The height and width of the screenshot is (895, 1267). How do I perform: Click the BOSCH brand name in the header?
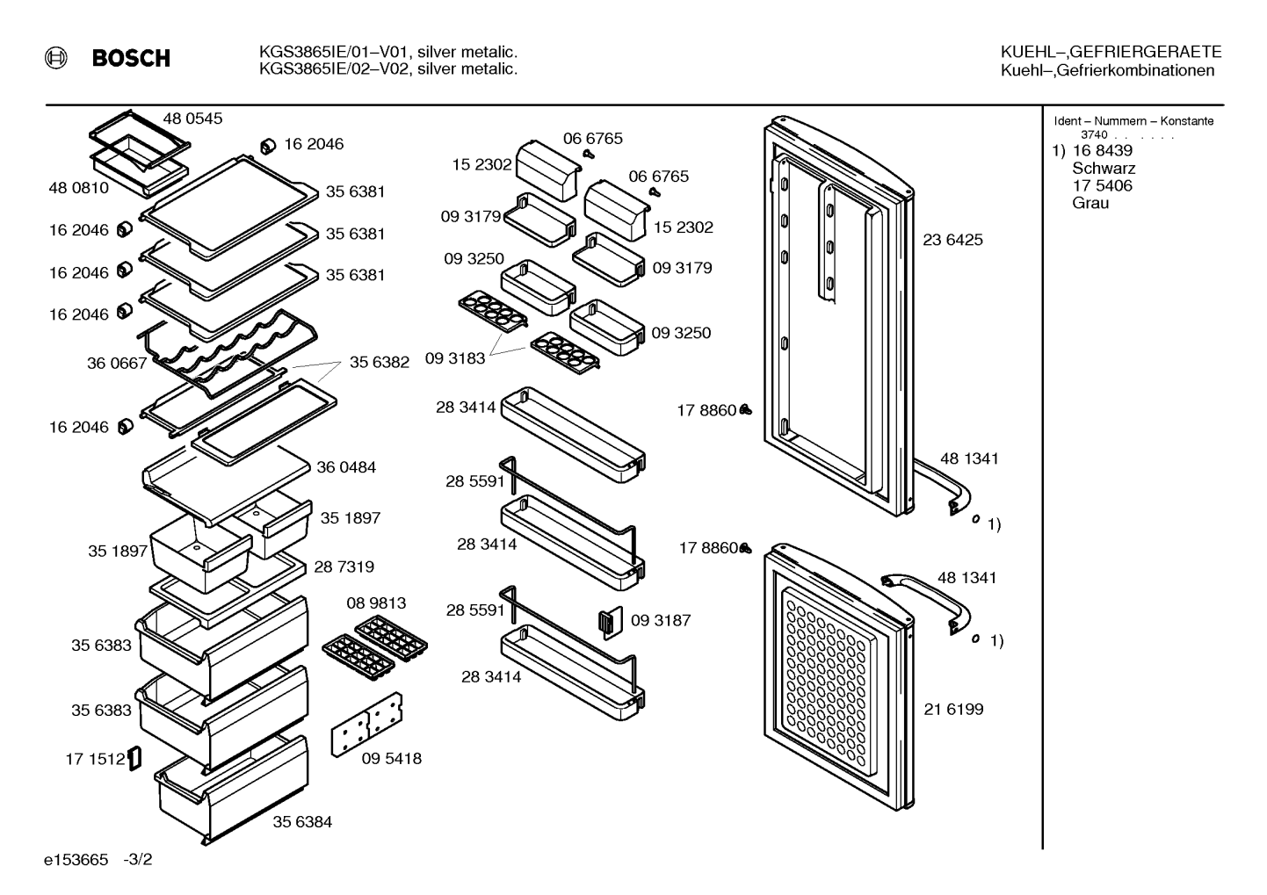[131, 58]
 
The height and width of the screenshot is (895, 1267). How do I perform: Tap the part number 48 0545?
[192, 119]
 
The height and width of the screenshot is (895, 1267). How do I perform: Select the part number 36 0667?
[117, 363]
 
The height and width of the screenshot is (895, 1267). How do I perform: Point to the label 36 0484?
[346, 467]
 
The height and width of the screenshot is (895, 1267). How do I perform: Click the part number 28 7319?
[344, 567]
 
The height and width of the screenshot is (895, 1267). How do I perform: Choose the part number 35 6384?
[302, 821]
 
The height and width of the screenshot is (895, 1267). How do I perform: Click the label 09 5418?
[391, 758]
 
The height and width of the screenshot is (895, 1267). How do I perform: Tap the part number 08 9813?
[376, 603]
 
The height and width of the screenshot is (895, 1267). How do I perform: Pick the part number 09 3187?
[661, 620]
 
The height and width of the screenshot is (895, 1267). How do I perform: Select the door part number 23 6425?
[953, 240]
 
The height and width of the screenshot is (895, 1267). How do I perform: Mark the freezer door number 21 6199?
[953, 709]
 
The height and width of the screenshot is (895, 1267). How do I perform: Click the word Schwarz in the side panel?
[1104, 169]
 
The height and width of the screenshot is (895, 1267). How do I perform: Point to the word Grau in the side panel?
[1090, 203]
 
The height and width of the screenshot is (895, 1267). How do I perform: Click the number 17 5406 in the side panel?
[1103, 185]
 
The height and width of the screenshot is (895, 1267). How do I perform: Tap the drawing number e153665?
[76, 859]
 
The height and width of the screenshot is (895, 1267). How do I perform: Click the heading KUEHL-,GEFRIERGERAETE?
[1111, 52]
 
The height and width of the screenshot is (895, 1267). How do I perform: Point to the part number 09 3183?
[455, 358]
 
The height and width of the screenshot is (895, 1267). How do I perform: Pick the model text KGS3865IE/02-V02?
[332, 69]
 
